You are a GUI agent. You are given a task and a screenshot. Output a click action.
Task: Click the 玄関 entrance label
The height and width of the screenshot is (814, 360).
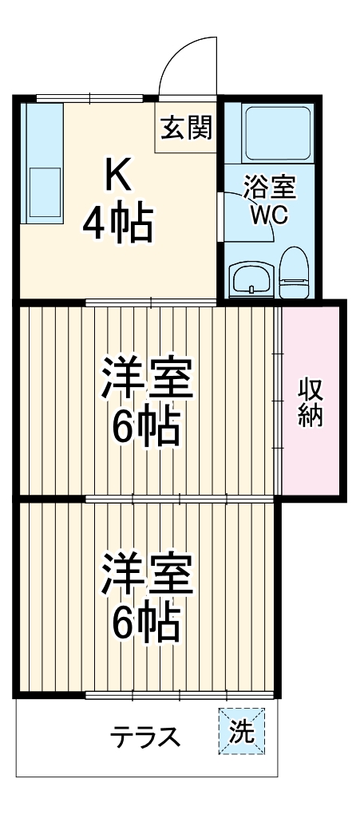pos(188,128)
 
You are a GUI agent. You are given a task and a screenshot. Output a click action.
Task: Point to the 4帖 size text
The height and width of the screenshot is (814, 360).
pos(118,226)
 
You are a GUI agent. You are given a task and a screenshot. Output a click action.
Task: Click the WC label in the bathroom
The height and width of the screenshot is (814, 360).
pos(269,215)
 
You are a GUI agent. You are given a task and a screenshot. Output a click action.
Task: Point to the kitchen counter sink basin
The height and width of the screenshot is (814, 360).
pos(44,192)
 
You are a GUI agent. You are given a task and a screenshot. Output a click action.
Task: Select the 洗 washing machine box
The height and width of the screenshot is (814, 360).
pos(242,733)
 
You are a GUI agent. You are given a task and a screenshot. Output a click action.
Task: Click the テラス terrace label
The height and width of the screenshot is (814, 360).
pos(144,737)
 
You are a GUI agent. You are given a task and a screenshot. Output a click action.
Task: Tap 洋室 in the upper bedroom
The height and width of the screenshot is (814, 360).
pos(147,382)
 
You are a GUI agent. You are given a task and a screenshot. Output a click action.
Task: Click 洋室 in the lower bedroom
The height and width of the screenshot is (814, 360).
pos(147,579)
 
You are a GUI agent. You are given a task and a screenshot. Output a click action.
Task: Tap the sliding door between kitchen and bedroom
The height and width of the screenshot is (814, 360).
pos(152,302)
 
